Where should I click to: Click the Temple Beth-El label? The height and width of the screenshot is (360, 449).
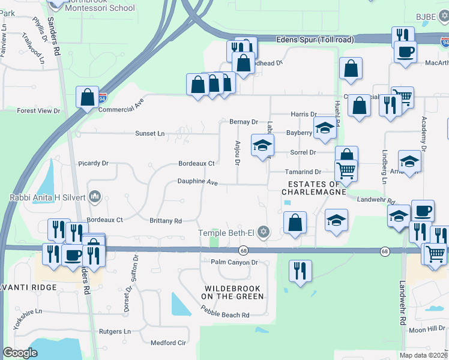pos(228,232)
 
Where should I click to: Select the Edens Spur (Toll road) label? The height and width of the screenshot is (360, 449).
pos(315,40)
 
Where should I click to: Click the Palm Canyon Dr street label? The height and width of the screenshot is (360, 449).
pos(234,262)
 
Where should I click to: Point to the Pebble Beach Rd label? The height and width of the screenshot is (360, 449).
pos(225,315)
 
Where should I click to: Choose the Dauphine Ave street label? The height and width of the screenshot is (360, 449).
pos(197,181)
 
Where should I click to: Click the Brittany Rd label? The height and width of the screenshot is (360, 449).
pos(166,221)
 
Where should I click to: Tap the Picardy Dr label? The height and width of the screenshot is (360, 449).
pos(93,163)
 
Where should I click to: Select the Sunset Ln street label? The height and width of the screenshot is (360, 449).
pos(150,133)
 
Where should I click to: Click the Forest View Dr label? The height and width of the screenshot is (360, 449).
pos(39,111)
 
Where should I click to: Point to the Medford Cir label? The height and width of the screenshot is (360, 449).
pos(168,343)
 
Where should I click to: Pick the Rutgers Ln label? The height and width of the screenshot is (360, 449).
pos(115,331)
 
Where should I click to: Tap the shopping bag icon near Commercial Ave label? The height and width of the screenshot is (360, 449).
pos(88,97)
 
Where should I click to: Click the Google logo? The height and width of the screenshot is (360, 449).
pos(20,353)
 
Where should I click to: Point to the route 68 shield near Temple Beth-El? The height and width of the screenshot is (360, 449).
pos(243,250)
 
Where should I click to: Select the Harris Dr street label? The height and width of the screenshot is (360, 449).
pos(303,114)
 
